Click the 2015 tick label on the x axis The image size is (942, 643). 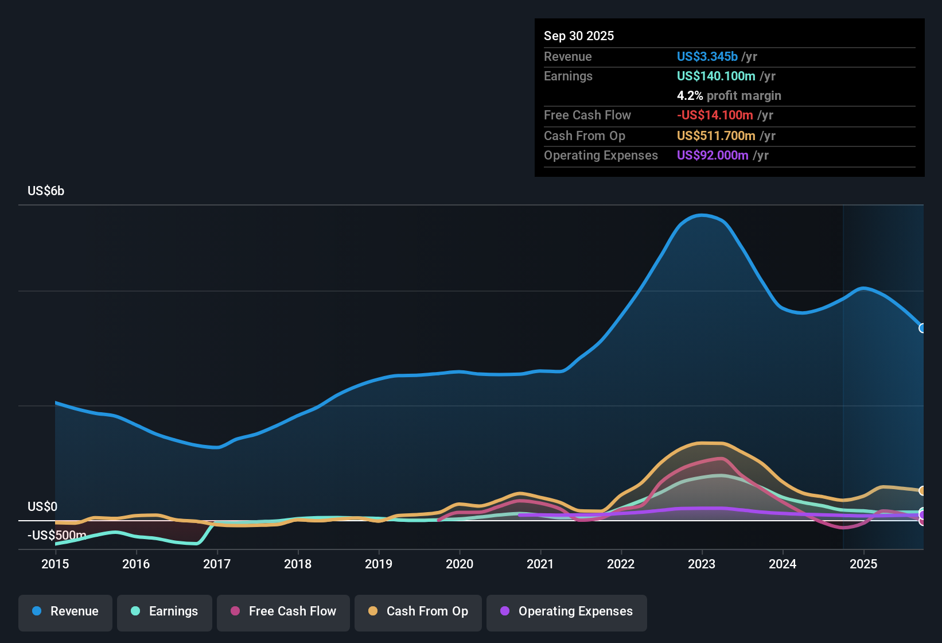(55, 564)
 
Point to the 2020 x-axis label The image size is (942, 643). (460, 564)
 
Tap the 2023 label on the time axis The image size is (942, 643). (702, 564)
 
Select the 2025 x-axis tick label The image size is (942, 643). (864, 564)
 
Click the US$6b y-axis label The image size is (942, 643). (46, 191)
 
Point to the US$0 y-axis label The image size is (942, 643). (42, 507)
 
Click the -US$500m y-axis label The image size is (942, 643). (57, 535)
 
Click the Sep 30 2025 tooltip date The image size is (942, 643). (579, 36)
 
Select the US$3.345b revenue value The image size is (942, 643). (707, 56)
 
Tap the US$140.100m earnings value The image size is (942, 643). (716, 76)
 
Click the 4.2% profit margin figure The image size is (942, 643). (690, 96)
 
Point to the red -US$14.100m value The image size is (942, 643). (715, 115)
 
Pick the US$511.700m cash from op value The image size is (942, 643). (716, 136)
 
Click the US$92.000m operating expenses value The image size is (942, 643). (713, 156)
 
